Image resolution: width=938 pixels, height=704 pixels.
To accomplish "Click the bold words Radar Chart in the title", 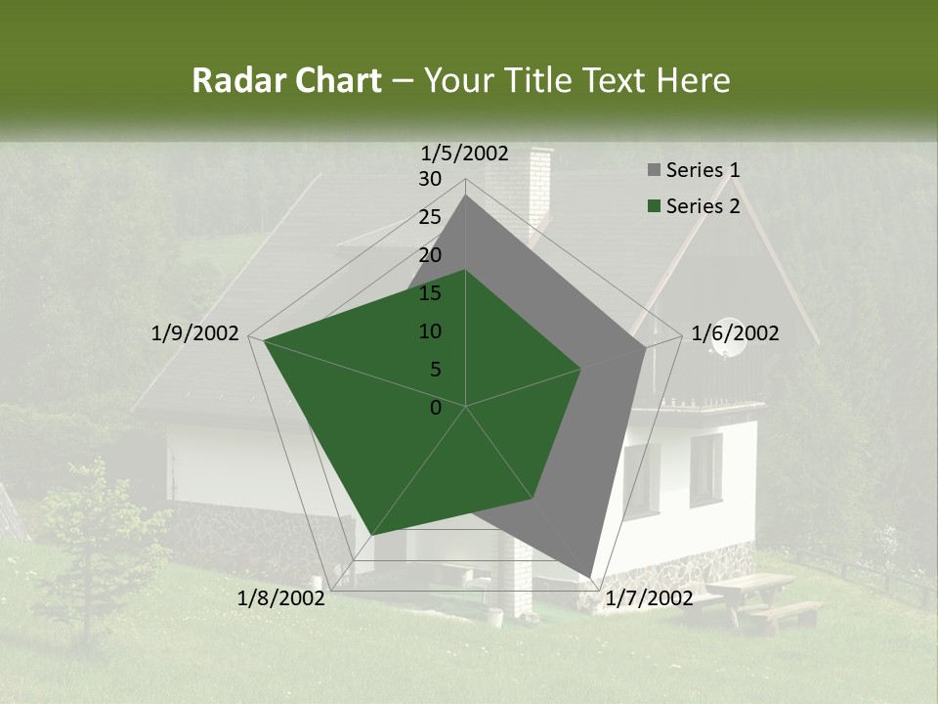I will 285,80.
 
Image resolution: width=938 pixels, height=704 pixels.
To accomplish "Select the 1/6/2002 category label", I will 735,333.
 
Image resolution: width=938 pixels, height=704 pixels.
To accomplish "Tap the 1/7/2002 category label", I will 649,597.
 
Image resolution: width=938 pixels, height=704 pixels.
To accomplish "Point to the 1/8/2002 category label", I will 281,597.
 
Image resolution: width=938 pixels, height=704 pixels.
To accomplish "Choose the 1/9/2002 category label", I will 195,333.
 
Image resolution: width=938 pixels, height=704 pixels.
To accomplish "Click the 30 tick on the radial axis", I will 430,179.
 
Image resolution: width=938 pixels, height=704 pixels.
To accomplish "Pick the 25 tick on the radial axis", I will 430,217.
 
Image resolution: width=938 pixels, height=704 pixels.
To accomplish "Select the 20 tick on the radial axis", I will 430,255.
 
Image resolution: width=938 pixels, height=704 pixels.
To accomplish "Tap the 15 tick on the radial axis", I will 430,293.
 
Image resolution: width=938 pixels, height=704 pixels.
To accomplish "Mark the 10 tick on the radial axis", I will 430,331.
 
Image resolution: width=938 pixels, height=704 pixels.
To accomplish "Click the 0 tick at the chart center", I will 436,408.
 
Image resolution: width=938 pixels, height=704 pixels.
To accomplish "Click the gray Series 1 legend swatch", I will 654,171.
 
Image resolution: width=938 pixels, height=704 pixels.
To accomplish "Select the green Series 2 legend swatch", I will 654,206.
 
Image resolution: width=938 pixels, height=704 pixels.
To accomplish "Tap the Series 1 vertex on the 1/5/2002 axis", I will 466,195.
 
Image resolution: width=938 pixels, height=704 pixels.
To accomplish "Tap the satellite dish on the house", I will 725,350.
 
